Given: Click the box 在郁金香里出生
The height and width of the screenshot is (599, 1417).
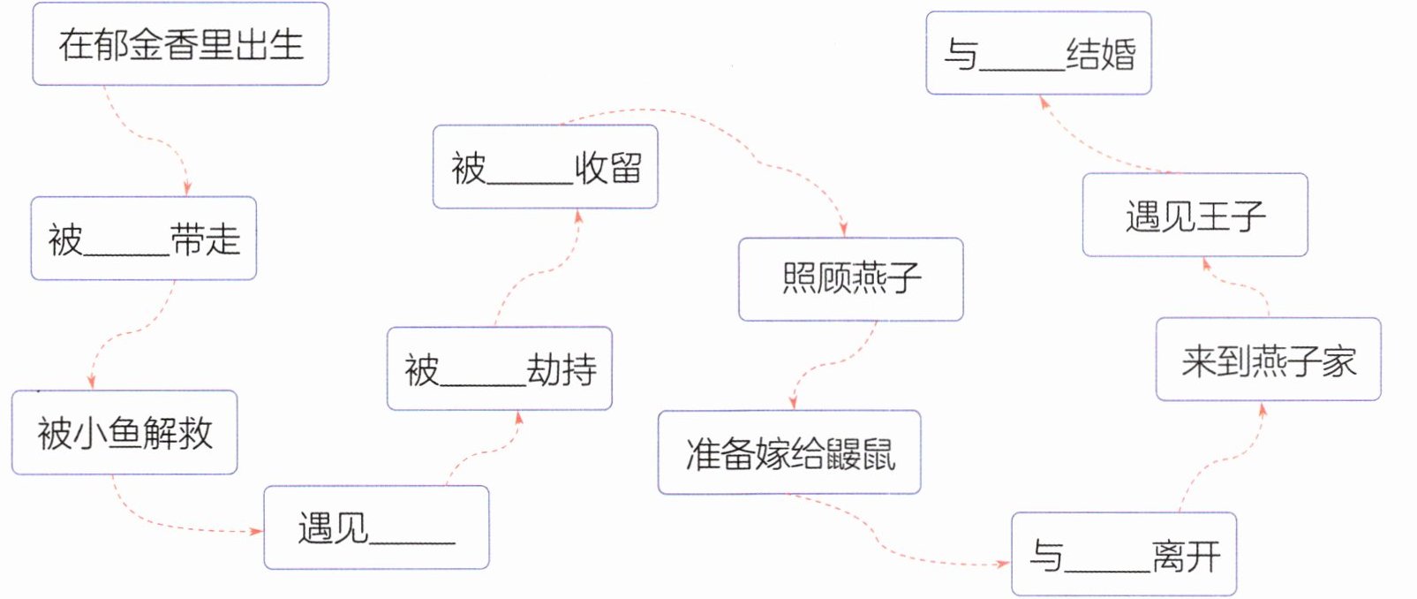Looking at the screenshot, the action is click(180, 43).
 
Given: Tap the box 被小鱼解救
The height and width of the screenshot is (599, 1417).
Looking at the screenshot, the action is click(124, 433).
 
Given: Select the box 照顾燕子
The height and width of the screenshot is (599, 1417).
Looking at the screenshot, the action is click(851, 279).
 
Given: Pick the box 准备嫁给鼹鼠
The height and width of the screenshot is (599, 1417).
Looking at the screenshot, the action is click(789, 452).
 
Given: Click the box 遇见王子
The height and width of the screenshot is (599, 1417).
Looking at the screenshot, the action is click(1195, 215).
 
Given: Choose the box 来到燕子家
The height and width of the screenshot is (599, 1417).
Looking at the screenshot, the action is click(1269, 359).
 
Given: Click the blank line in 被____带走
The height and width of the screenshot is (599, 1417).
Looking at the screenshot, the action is click(126, 254).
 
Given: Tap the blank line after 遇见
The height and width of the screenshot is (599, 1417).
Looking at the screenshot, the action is click(412, 542).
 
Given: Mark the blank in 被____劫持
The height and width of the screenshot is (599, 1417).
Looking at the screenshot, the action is click(483, 384).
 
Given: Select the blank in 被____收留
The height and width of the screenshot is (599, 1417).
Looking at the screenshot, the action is click(530, 183).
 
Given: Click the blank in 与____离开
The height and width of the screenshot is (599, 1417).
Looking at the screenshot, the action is click(1108, 571).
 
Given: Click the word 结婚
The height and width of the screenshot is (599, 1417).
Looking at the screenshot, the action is click(1101, 53).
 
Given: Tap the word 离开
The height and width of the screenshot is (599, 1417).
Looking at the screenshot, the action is click(1186, 556).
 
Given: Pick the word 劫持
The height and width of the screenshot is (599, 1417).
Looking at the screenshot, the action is click(562, 369).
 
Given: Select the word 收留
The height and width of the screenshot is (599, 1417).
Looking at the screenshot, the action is click(608, 168).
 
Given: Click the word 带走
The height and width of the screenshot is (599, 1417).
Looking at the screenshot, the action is click(206, 239).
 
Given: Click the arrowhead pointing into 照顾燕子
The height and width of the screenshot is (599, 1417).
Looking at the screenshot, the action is click(843, 230).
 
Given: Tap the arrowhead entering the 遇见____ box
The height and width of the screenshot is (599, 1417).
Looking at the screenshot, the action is click(256, 531).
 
